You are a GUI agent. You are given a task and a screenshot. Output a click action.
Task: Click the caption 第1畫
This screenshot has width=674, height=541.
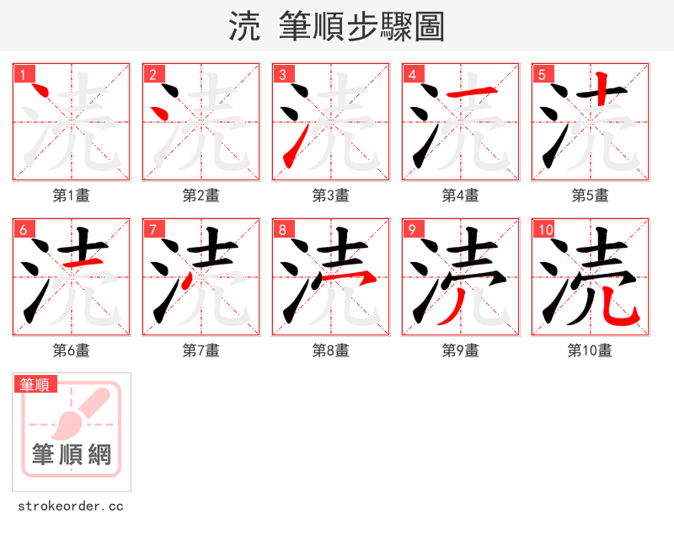pyautogui.click(x=71, y=196)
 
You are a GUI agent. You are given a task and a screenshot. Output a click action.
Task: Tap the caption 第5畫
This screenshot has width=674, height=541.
pyautogui.click(x=590, y=196)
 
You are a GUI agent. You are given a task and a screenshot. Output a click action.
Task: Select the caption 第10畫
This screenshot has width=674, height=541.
pyautogui.click(x=590, y=351)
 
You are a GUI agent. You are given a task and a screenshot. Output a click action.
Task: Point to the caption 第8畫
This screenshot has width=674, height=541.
pyautogui.click(x=330, y=351)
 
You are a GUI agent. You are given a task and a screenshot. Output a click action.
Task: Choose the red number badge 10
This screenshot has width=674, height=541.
pyautogui.click(x=545, y=229)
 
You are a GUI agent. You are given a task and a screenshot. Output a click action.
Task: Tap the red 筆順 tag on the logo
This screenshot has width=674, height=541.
pyautogui.click(x=35, y=384)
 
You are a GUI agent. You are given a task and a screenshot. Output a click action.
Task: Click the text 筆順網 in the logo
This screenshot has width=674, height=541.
pyautogui.click(x=72, y=455)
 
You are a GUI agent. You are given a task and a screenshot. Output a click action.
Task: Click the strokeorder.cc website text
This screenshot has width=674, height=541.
pyautogui.click(x=71, y=506)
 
